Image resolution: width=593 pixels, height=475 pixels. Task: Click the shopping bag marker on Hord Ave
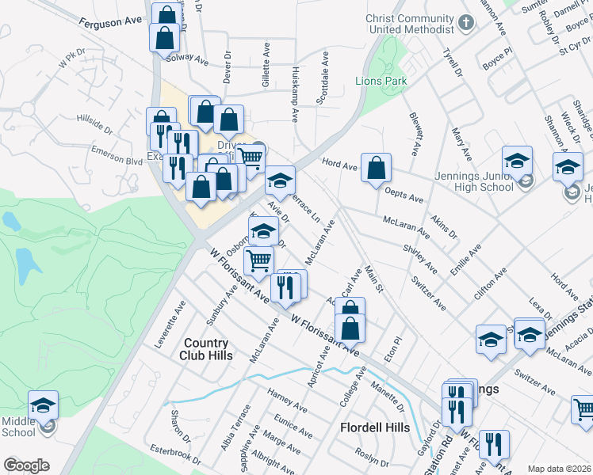coord(376,168)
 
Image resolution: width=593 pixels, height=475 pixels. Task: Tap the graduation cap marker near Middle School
coord(43,405)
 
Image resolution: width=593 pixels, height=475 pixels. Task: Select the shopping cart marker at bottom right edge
coord(584,410)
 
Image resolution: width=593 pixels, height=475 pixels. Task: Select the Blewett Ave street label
coord(414,132)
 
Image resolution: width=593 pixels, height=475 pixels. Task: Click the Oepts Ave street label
coord(404,195)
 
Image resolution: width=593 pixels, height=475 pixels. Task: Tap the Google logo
coord(26,465)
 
